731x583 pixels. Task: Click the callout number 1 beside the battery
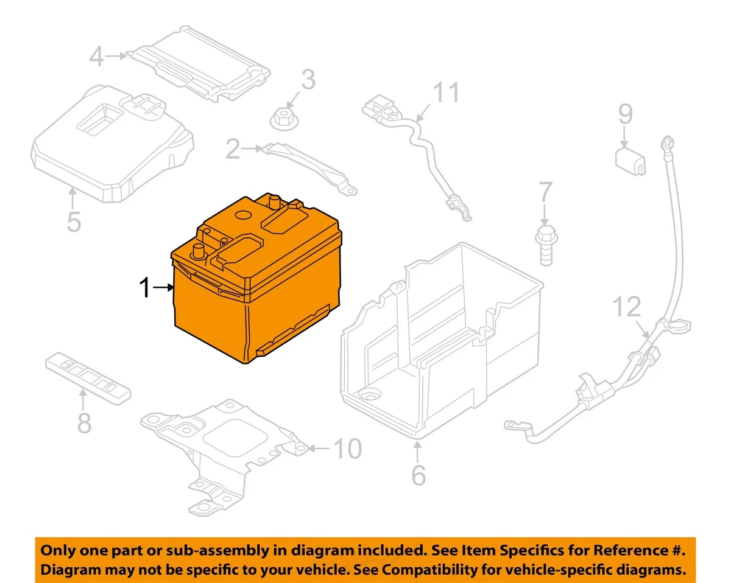(x=146, y=287)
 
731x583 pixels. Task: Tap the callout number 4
(x=96, y=57)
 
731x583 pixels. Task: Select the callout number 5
(x=74, y=222)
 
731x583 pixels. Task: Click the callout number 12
(x=627, y=307)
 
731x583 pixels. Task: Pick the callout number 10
(x=347, y=449)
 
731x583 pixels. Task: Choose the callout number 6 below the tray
(x=418, y=475)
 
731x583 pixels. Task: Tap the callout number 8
(x=84, y=423)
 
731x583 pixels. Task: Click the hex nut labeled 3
(x=284, y=119)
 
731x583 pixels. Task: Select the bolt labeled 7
(x=546, y=245)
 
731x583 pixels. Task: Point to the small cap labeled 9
(x=630, y=161)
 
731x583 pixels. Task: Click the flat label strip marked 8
(x=88, y=379)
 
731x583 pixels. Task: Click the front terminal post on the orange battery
(x=198, y=251)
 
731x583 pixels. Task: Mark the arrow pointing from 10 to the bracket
(x=319, y=449)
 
